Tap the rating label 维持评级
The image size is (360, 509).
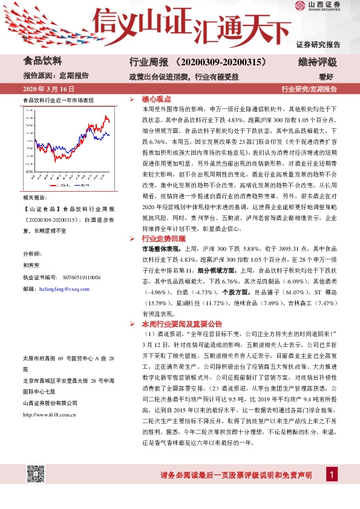coord(317,62)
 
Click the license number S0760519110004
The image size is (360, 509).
coord(82,277)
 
